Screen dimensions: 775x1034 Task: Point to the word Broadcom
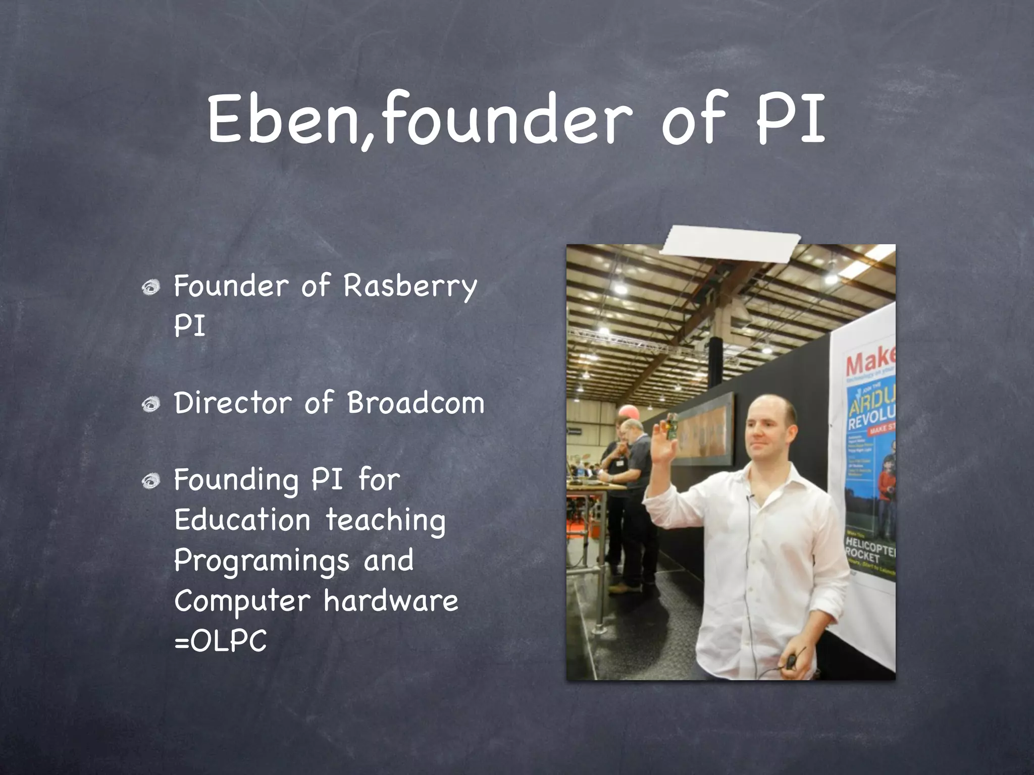415,404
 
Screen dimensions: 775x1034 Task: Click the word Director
233,404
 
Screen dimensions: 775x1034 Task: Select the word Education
242,520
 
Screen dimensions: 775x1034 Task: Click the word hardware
391,601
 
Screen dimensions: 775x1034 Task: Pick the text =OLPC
220,642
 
